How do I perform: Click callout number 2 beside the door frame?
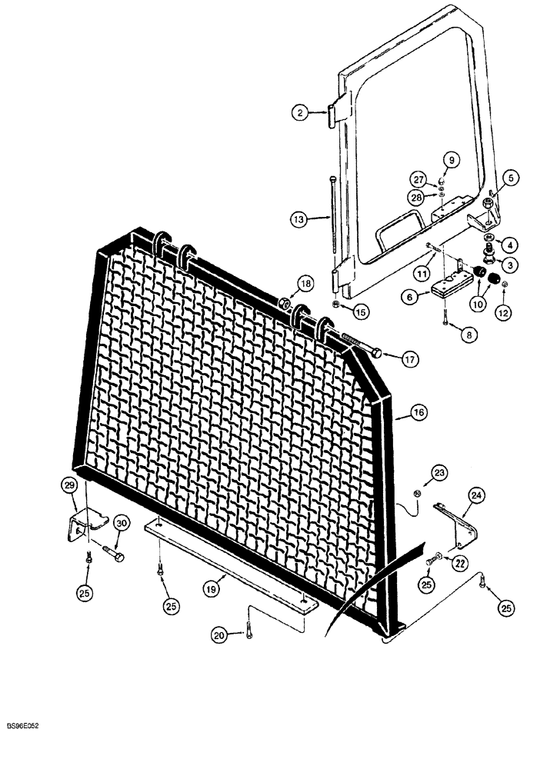pyautogui.click(x=300, y=113)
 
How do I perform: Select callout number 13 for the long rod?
pyautogui.click(x=300, y=219)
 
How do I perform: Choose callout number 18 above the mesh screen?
pyautogui.click(x=305, y=284)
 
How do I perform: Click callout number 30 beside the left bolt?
pyautogui.click(x=120, y=522)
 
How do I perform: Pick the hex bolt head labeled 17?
pyautogui.click(x=377, y=353)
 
